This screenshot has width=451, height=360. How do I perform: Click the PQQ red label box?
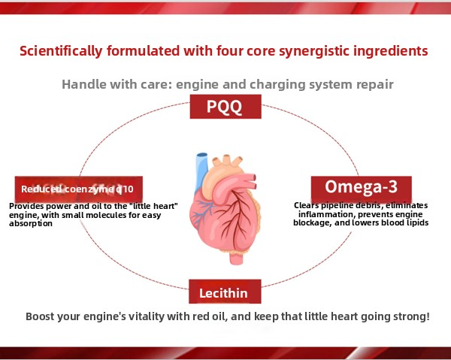pyautogui.click(x=225, y=107)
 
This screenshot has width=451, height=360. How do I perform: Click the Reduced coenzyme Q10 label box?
pyautogui.click(x=79, y=189)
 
